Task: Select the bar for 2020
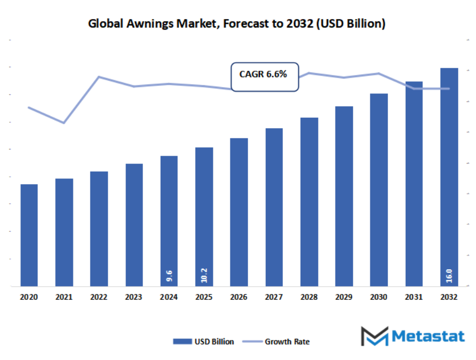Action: [29, 235]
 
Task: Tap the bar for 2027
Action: [274, 207]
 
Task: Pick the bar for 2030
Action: [379, 190]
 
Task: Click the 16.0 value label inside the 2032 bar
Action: [449, 276]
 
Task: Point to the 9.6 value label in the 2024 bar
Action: [169, 276]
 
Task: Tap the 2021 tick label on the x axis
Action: [64, 297]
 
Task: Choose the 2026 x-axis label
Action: [239, 297]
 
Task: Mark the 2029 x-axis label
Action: [344, 297]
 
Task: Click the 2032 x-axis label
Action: [449, 297]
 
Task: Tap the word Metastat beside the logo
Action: [428, 336]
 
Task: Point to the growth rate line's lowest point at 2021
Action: [64, 123]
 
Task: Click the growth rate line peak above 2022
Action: [99, 77]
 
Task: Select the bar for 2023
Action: [134, 225]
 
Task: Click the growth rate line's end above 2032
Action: [449, 89]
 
